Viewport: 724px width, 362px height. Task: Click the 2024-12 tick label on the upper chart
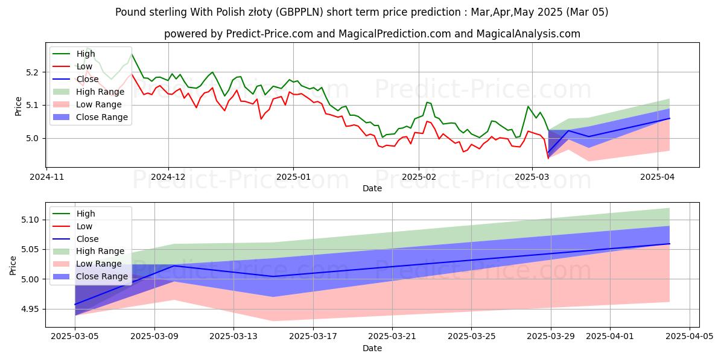pos(168,177)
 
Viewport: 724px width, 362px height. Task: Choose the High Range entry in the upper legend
pos(100,92)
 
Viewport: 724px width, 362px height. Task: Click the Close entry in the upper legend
pos(87,79)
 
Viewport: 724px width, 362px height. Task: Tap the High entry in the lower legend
pos(85,214)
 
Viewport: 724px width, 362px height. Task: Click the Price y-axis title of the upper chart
pos(18,105)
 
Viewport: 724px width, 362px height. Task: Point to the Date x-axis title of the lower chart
pos(372,348)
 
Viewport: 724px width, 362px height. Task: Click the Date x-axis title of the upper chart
pos(372,188)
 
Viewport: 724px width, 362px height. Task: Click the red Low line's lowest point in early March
pos(548,158)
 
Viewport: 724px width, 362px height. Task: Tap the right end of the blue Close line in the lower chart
pos(670,244)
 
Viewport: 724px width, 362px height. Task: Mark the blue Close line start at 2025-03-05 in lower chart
pos(75,304)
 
